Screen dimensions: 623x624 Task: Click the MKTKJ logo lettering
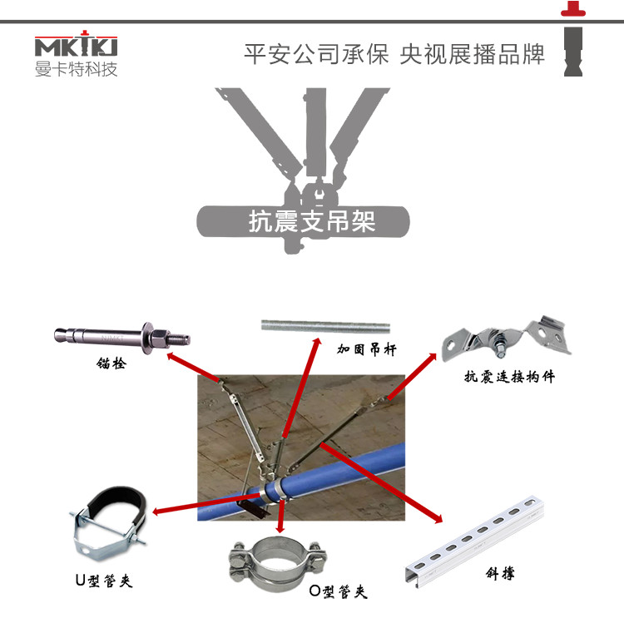pyautogui.click(x=76, y=46)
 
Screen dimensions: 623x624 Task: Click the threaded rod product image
pyautogui.click(x=325, y=324)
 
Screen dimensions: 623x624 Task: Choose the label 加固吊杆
pyautogui.click(x=365, y=349)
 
